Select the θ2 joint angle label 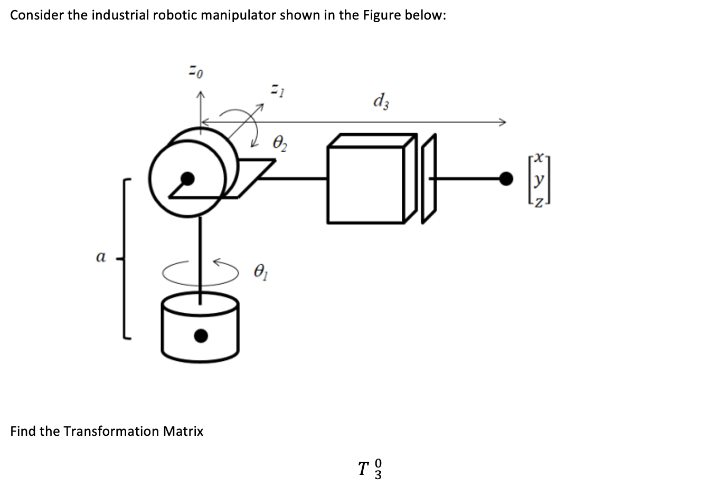click(x=280, y=142)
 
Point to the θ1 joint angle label click(x=261, y=273)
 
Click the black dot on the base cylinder click(x=201, y=335)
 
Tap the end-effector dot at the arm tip click(x=506, y=179)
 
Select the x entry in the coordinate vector click(x=537, y=157)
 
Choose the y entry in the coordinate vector click(x=537, y=180)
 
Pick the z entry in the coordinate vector click(x=537, y=201)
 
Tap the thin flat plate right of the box click(x=429, y=179)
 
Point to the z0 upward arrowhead click(x=200, y=95)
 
